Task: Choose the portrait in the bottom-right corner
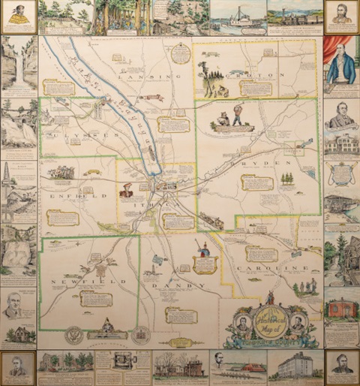342,367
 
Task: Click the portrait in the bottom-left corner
18,367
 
